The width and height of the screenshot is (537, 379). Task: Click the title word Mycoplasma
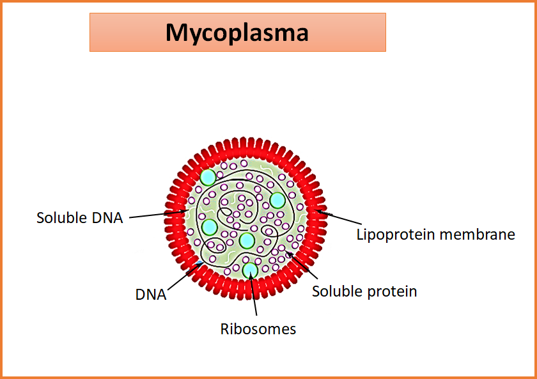click(x=237, y=33)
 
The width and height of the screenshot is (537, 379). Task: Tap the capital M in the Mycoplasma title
click(x=177, y=32)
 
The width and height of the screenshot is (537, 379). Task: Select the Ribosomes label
click(x=258, y=329)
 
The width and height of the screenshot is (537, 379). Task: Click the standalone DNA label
click(x=151, y=295)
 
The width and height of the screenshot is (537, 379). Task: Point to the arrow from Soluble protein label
click(x=305, y=268)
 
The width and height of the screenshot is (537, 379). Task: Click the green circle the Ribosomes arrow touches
click(x=250, y=270)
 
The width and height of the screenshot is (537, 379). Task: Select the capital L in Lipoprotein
click(x=360, y=235)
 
